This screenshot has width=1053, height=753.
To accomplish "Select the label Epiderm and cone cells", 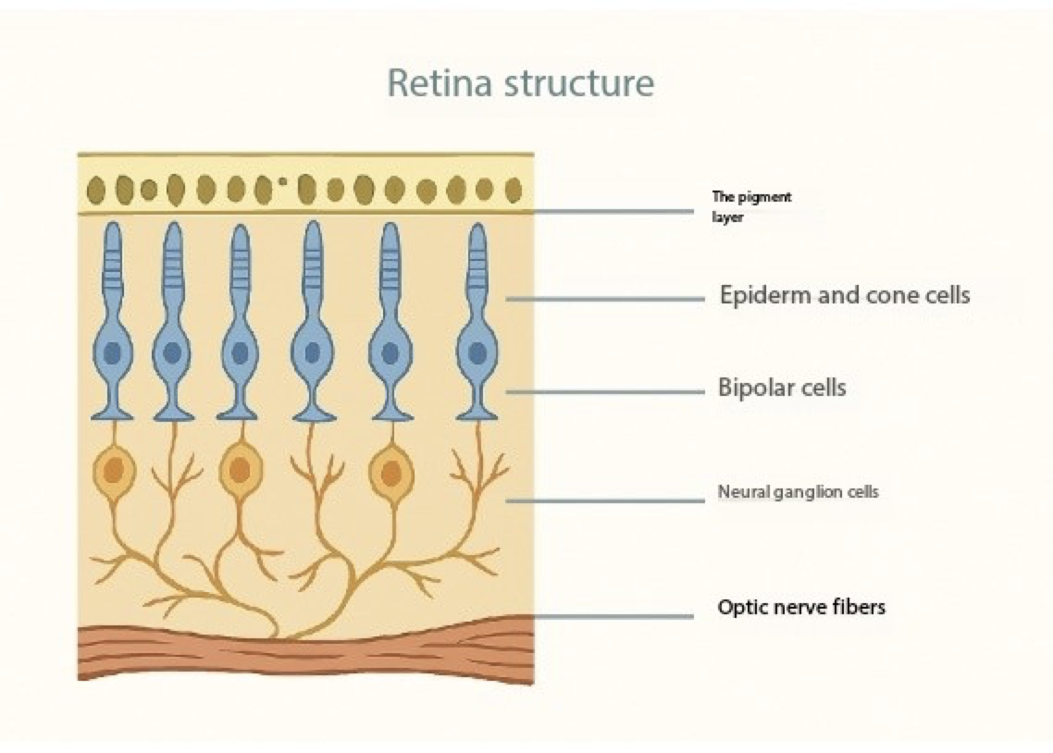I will (845, 295).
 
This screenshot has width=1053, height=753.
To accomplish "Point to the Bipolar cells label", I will (782, 387).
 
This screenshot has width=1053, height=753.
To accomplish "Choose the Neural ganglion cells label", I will (799, 492).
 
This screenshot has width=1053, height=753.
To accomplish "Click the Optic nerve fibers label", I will (802, 608).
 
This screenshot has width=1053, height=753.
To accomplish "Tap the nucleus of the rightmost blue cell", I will (477, 352).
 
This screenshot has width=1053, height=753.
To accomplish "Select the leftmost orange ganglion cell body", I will (114, 472).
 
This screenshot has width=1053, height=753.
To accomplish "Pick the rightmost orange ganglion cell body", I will (390, 473).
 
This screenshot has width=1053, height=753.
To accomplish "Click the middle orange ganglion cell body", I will (240, 471).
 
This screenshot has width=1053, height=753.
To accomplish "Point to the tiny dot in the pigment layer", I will (282, 181).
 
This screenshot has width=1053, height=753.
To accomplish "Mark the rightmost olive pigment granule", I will (514, 190).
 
